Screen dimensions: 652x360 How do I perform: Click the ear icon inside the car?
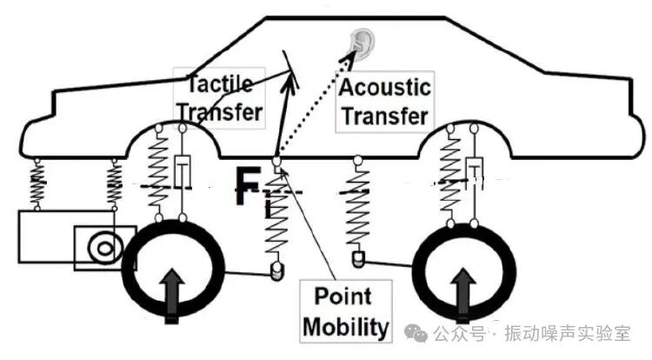pyautogui.click(x=363, y=43)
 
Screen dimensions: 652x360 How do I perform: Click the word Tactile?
pyautogui.click(x=220, y=84)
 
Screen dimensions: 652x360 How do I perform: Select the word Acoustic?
pyautogui.click(x=384, y=87)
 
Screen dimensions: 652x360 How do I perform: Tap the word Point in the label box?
pyautogui.click(x=343, y=297)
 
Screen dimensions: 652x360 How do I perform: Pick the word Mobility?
pyautogui.click(x=346, y=327)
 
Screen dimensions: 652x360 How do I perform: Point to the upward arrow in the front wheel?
pyautogui.click(x=172, y=296)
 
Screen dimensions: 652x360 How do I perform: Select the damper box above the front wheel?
pyautogui.click(x=183, y=171)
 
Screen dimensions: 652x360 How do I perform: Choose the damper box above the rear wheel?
pyautogui.click(x=474, y=173)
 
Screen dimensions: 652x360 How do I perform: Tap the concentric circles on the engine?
pyautogui.click(x=104, y=248)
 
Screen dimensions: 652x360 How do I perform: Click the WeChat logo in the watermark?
pyautogui.click(x=416, y=332)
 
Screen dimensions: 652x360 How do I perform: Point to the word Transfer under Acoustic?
pyautogui.click(x=385, y=116)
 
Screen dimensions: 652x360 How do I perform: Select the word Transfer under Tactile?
pyautogui.click(x=220, y=112)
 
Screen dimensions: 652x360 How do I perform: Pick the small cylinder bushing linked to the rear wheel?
pyautogui.click(x=357, y=259)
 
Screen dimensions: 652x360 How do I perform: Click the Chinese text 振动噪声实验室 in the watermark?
pyautogui.click(x=568, y=333)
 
